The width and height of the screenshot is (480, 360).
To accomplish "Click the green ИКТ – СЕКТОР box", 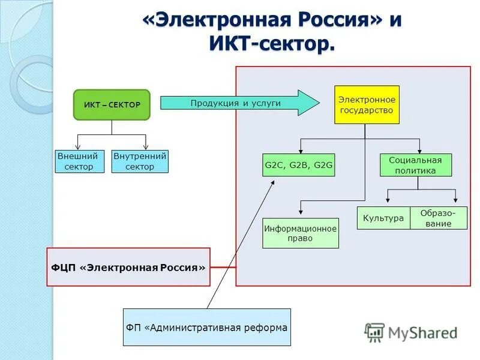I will coord(112,105).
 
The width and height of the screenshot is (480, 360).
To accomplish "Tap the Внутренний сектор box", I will coord(140,161).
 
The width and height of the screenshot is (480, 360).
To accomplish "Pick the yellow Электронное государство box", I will coord(367,105).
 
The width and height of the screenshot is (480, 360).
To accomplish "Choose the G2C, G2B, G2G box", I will coord(299,165).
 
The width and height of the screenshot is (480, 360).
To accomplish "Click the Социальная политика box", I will coord(416,165).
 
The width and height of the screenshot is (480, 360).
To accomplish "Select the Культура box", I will coord(383,218).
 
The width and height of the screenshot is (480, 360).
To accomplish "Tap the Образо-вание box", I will coord(439,218).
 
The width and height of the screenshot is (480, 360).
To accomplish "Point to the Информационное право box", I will coord(301,233).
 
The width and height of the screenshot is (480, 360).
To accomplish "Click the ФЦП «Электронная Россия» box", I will coord(128,267).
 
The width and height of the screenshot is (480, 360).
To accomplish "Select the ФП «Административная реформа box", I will coord(207,328).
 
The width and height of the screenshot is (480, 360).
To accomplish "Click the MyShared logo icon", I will coord(375,332).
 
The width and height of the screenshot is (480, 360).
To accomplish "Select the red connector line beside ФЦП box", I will coord(223,267).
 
